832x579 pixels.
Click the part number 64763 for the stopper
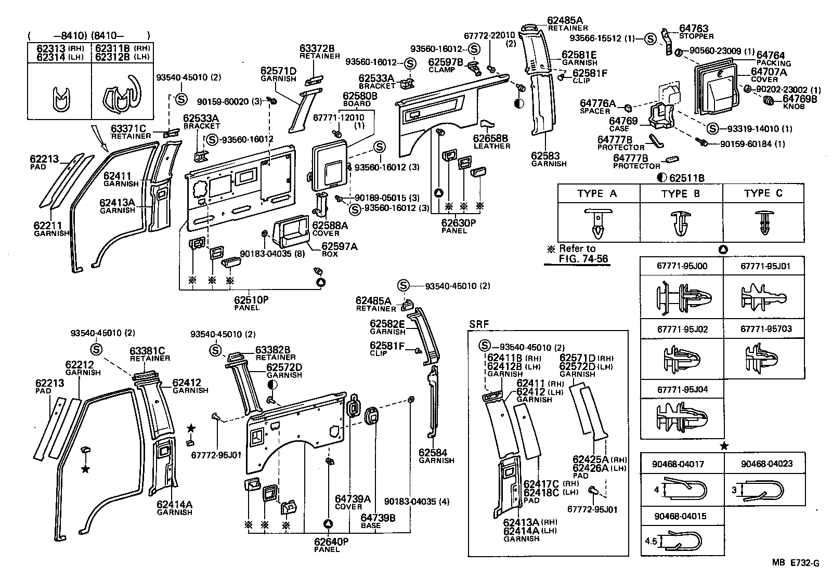694,29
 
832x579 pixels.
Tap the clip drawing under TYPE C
763,223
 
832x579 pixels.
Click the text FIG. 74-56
583,259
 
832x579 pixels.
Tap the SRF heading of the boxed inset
479,324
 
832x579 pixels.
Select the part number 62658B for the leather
491,139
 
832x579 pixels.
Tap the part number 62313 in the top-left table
50,48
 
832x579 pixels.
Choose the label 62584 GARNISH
436,456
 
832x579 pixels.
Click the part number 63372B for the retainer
317,48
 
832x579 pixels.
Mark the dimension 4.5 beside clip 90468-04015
652,541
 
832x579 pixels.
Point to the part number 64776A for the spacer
597,104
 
